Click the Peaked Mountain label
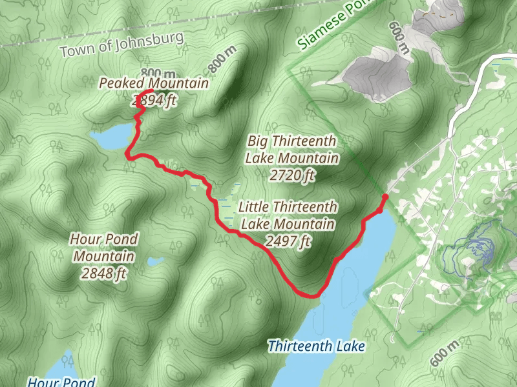(x=153, y=83)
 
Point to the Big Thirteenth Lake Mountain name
(x=292, y=149)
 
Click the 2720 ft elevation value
(x=292, y=174)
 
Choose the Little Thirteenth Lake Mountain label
(x=288, y=215)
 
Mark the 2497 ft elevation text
(x=288, y=241)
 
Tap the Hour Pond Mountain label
(x=104, y=248)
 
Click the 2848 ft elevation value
(x=104, y=273)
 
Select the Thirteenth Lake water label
(x=317, y=346)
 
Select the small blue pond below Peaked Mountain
(x=111, y=137)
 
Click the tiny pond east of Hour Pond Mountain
(x=155, y=261)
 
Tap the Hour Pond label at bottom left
(x=61, y=381)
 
